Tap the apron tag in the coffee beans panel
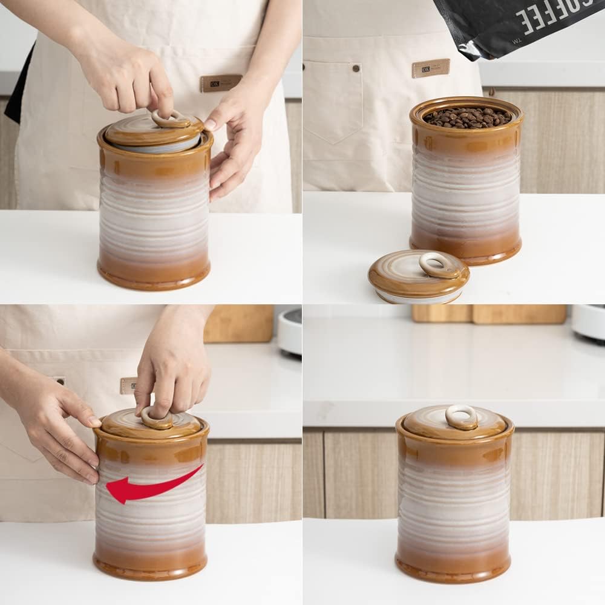431,68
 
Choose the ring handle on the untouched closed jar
462,417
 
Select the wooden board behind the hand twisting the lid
239,324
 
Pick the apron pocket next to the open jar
333,103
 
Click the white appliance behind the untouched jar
587,321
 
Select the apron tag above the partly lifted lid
221,83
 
